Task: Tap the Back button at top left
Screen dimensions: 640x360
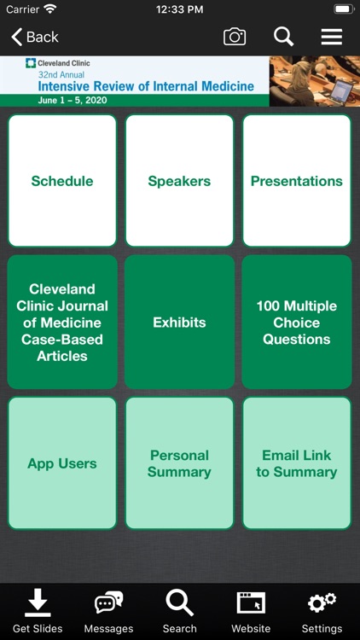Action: tap(35, 37)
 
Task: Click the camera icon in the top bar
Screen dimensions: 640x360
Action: tap(235, 37)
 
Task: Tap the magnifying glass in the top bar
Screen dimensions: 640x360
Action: tap(283, 37)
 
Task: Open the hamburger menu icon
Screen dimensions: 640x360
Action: tap(331, 37)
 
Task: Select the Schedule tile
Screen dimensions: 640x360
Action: tap(62, 181)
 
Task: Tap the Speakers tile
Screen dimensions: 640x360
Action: tap(179, 181)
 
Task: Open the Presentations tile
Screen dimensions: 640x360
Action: tap(296, 181)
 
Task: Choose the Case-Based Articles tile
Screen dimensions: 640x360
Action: tap(62, 323)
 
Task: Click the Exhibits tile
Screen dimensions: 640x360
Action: tap(179, 323)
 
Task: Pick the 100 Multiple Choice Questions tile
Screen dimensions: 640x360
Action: tap(296, 323)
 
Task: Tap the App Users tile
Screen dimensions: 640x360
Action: tap(62, 463)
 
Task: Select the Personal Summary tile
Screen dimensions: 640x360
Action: tap(179, 463)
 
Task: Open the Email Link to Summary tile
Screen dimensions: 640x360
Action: tap(296, 463)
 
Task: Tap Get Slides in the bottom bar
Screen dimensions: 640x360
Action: tap(38, 611)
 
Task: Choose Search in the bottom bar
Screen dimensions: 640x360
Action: tap(179, 611)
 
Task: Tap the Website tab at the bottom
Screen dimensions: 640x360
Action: tap(251, 611)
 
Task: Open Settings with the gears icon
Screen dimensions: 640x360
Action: tap(322, 611)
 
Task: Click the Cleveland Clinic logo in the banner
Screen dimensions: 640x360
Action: tap(58, 63)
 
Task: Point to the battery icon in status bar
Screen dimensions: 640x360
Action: tap(343, 9)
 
